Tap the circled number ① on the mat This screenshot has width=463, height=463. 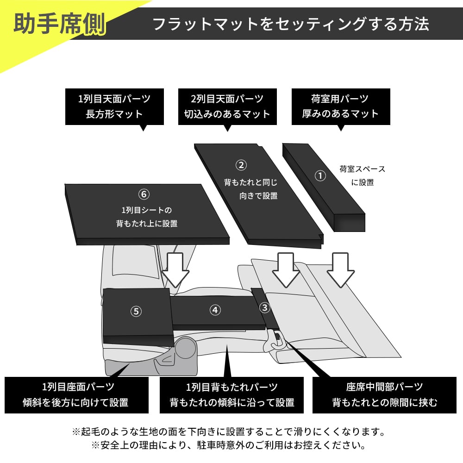320,176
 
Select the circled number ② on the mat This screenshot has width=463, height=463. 241,165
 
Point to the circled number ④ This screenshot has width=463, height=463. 215,310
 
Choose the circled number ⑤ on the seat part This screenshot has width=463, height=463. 136,311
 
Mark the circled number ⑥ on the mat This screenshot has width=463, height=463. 144,194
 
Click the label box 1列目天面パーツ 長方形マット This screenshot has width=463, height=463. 114,106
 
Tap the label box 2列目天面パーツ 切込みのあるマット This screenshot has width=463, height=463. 227,106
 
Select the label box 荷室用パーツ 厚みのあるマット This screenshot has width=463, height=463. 340,106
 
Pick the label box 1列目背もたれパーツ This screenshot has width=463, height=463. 231,395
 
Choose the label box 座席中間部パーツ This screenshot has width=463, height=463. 384,395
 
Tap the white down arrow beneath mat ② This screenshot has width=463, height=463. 286,270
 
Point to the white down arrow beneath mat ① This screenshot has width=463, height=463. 340,270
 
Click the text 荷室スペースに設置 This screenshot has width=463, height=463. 362,176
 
